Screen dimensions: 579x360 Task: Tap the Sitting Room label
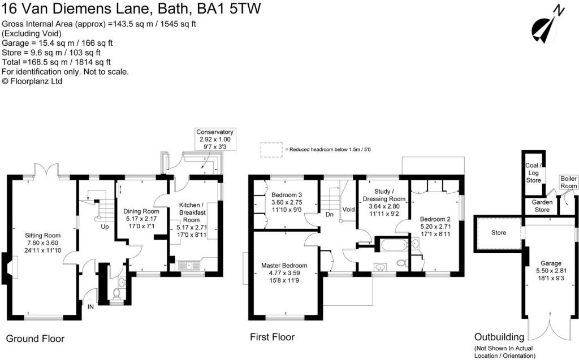[x=43, y=236]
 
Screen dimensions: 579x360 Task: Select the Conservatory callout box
[x=215, y=139]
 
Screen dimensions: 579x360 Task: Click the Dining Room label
[x=141, y=211]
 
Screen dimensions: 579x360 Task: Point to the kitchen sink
[x=189, y=266]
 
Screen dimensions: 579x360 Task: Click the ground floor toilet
[x=116, y=293]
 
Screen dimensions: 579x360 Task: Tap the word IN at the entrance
[x=90, y=306]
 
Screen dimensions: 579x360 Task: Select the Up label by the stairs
[x=105, y=227]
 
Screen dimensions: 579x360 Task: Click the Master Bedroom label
[x=284, y=266]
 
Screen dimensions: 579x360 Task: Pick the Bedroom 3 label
[x=287, y=195]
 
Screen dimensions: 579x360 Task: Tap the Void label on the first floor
[x=348, y=209]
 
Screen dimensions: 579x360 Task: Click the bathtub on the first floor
[x=394, y=245]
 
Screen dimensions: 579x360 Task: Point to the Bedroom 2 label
[x=435, y=219]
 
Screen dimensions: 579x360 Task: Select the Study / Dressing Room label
[x=384, y=195]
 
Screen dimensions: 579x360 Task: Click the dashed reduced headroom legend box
[x=271, y=150]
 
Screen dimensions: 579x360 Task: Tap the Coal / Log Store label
[x=534, y=173]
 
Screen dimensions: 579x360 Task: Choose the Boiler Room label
[x=569, y=183]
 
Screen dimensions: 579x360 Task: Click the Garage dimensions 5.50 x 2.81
[x=551, y=271]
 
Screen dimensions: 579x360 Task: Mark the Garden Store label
[x=542, y=206]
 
